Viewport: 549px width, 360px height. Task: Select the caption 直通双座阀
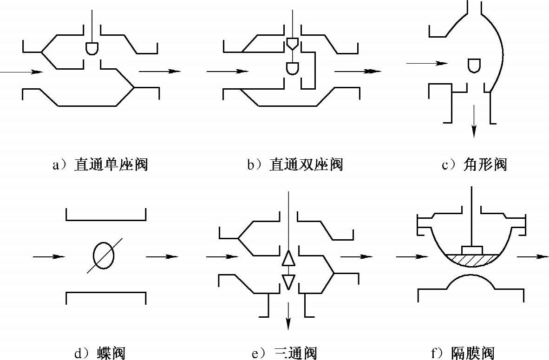tap(294, 165)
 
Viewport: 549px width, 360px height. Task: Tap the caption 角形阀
tap(474, 165)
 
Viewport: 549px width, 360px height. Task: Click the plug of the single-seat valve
tap(92, 48)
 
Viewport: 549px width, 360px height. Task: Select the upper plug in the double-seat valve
tap(293, 44)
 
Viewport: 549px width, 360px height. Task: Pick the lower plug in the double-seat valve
tap(293, 69)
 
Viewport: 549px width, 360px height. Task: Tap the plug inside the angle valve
tap(474, 65)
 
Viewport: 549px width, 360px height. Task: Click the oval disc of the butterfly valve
tap(103, 255)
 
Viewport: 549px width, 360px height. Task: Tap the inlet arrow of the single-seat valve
tap(21, 72)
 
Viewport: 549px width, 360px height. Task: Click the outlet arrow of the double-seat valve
tap(358, 72)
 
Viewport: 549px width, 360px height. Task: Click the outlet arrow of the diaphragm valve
tap(529, 256)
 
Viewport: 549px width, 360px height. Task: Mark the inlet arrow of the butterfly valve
tap(49, 256)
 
